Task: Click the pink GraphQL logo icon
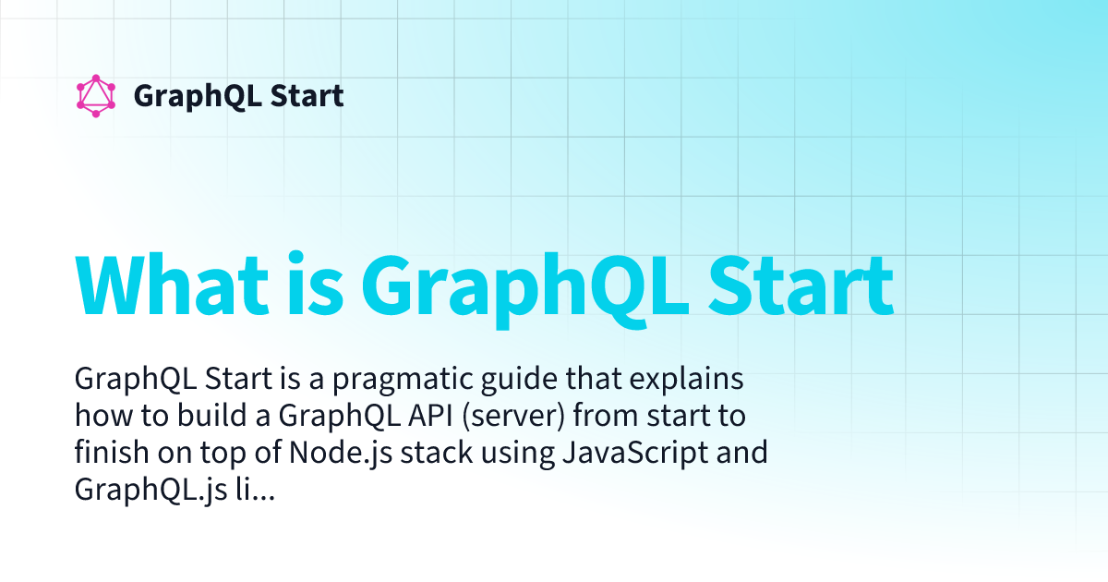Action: point(96,96)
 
